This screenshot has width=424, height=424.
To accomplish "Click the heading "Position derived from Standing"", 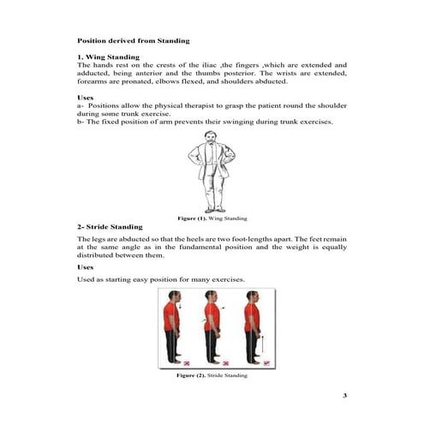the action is coord(133,40).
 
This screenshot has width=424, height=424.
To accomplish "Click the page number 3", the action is coord(343,395).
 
